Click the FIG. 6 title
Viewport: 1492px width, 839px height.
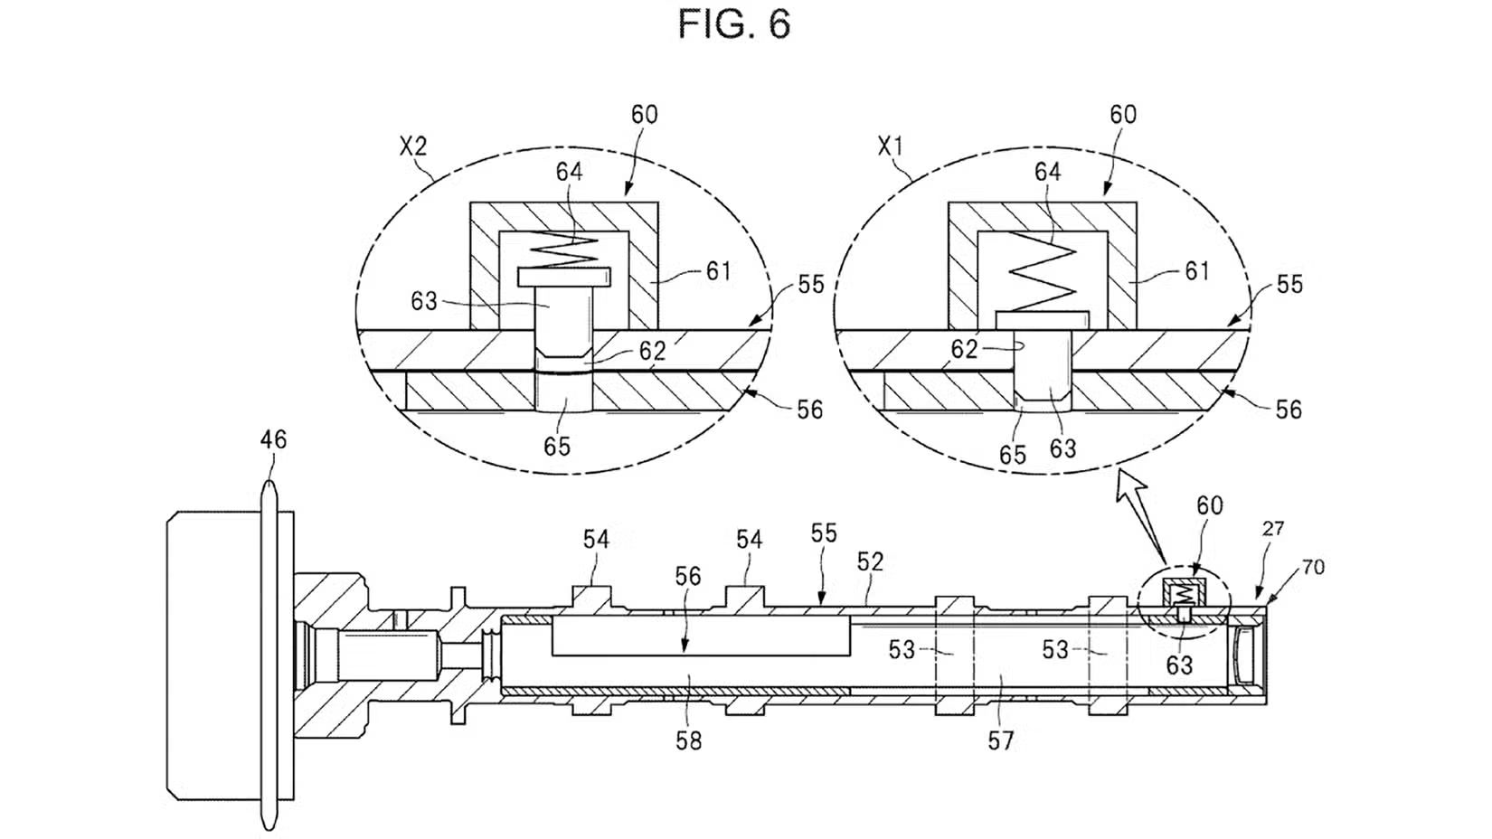734,24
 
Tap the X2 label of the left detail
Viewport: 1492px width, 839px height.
413,146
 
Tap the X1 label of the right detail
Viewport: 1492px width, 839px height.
890,146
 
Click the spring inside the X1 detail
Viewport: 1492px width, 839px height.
1043,272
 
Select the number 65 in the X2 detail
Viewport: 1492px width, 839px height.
557,446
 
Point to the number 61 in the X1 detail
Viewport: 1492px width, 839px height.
1197,271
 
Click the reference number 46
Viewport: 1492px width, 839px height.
273,439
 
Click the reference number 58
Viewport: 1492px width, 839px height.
688,740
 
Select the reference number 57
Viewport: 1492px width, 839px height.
1000,740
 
